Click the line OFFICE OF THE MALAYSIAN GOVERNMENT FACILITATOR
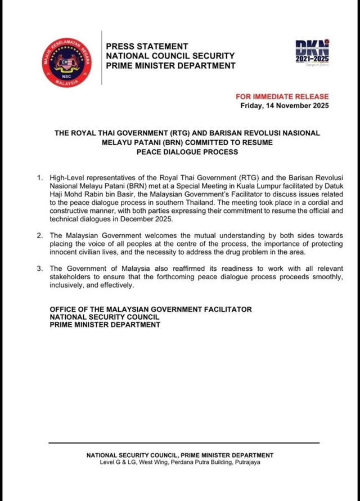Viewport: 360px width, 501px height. click(x=151, y=310)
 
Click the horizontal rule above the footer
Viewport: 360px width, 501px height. click(x=180, y=444)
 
